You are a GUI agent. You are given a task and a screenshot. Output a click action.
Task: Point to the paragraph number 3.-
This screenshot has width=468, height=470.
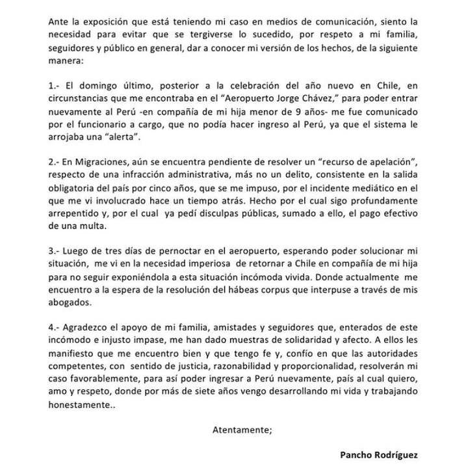click(x=55, y=251)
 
